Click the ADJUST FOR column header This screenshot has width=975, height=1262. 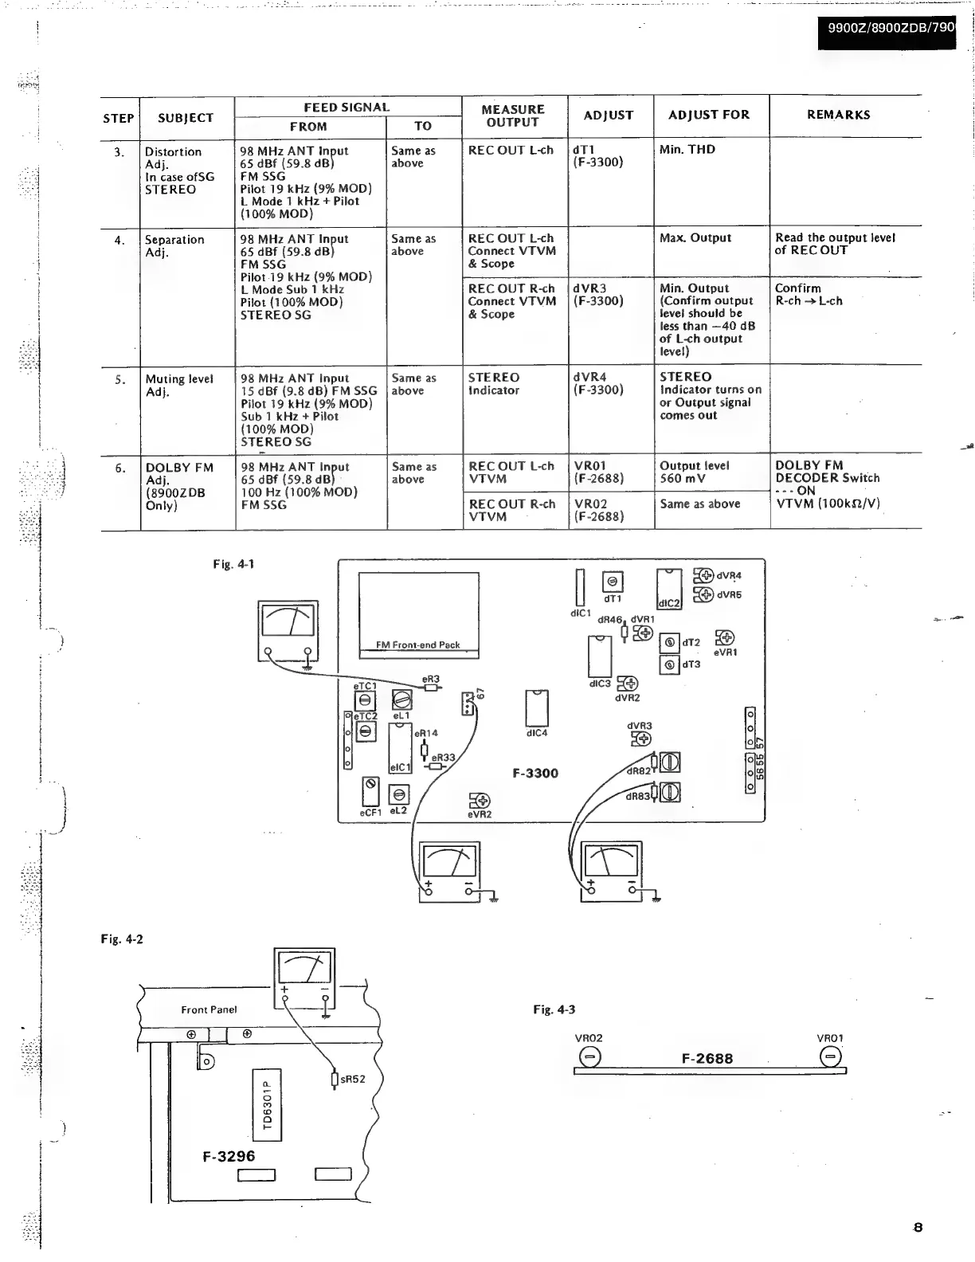pos(709,115)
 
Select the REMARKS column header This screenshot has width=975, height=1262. pos(838,115)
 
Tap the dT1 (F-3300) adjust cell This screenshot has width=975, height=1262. pos(597,156)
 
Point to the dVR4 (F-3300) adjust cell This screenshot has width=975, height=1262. pos(598,383)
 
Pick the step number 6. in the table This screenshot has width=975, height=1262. pos(120,468)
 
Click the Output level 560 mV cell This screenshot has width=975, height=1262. pos(694,472)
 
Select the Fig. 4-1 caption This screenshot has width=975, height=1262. pos(233,565)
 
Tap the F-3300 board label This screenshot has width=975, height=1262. pos(535,774)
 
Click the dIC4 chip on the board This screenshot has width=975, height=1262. pos(537,707)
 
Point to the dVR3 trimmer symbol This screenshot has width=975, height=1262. pos(641,739)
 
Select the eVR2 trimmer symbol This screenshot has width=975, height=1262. pos(480,800)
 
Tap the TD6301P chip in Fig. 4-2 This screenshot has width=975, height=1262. pos(267,1104)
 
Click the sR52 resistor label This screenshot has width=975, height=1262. pos(352,1080)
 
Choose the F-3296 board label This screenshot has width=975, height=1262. pos(229,1156)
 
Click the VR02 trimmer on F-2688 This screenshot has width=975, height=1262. pos(589,1057)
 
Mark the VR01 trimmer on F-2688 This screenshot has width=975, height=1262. pos(829,1057)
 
